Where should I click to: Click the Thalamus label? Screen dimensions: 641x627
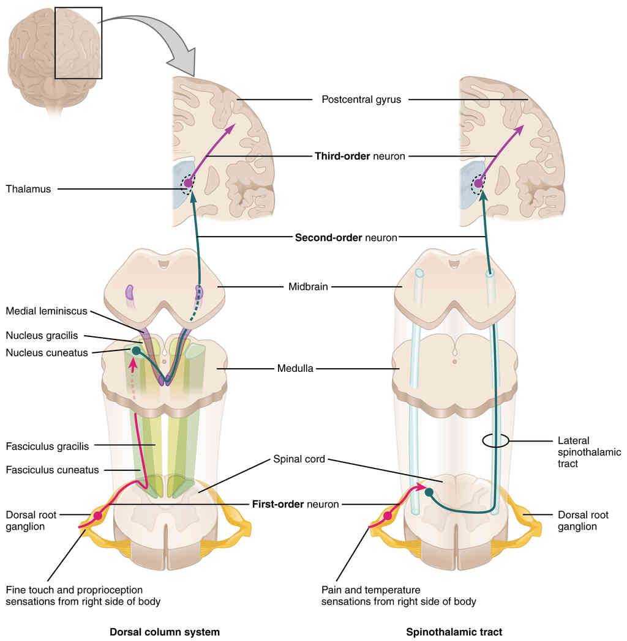(x=28, y=189)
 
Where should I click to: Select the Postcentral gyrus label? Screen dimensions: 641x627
(x=361, y=99)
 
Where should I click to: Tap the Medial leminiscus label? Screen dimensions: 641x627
(x=46, y=311)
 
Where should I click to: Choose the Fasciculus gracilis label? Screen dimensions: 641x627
(x=47, y=446)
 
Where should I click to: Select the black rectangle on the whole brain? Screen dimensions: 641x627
(x=78, y=42)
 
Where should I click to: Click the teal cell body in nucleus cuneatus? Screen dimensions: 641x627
(x=137, y=351)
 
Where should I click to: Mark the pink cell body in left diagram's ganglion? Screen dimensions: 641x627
(x=98, y=516)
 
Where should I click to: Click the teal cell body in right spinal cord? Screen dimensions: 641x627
(x=429, y=492)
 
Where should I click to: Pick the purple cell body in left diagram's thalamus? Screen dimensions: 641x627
(x=188, y=182)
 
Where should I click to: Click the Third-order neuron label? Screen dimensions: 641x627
(x=359, y=156)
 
